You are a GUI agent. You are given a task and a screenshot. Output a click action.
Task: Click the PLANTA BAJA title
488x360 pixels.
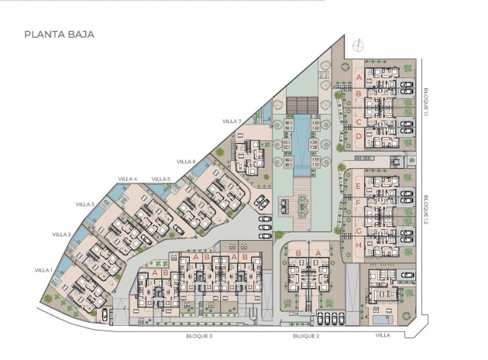[x=59, y=34]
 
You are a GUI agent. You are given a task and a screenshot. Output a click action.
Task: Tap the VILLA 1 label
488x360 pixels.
[x=43, y=269]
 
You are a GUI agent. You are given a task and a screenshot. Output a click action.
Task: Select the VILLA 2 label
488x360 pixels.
[x=62, y=234]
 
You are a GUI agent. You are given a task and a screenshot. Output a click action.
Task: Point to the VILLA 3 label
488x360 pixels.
[x=85, y=204]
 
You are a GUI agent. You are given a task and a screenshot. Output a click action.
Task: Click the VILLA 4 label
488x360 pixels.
[x=127, y=179]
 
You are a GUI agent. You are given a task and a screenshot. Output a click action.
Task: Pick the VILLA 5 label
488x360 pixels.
[x=161, y=179]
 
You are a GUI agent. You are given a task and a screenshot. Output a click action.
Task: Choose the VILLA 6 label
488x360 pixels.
[x=186, y=161]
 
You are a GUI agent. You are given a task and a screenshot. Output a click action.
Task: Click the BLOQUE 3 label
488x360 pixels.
[x=199, y=337]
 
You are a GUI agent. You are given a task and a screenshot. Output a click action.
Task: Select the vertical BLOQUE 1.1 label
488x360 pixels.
[x=427, y=101]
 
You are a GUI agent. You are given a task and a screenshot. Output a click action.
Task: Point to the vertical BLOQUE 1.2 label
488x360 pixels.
[x=427, y=210]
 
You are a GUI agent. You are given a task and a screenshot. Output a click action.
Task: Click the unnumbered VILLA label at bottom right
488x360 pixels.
[x=383, y=337]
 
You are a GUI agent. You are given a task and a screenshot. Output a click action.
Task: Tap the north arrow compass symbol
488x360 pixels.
[x=356, y=44]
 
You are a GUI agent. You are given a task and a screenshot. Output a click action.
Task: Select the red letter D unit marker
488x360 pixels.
[x=359, y=136]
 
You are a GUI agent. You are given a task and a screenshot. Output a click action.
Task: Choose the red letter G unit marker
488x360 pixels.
[x=357, y=229]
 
